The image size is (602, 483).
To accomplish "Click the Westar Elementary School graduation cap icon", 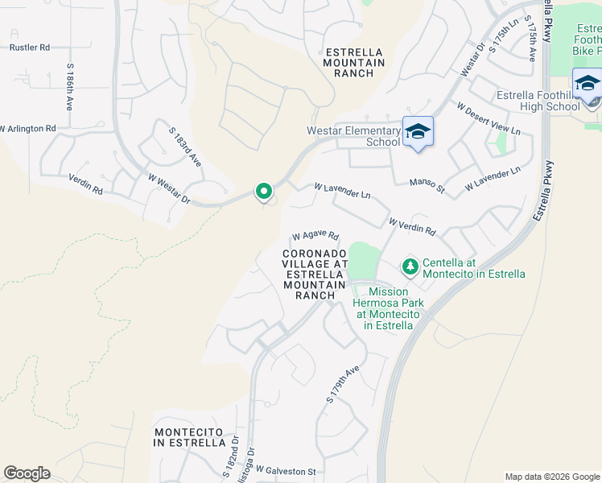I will click(x=418, y=131).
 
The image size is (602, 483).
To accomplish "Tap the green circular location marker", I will click(x=263, y=192).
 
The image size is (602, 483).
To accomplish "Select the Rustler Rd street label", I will click(x=30, y=47).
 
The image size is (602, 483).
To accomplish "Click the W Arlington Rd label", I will click(x=28, y=129).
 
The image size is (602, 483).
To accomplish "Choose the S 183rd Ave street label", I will click(x=184, y=147).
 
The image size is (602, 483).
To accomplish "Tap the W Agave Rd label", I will click(x=315, y=236).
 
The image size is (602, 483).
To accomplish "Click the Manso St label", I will click(x=427, y=186).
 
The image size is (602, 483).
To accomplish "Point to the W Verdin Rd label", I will click(x=411, y=226).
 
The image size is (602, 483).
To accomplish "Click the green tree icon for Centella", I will click(x=410, y=266).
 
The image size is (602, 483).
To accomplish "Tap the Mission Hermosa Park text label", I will click(x=390, y=308).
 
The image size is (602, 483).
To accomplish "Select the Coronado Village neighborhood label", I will click(x=315, y=274).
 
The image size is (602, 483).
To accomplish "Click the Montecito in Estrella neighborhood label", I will click(x=190, y=437).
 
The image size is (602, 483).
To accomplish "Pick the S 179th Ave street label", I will click(x=342, y=384).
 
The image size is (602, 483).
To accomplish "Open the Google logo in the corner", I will click(x=27, y=473).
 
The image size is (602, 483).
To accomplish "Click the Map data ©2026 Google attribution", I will click(x=551, y=477).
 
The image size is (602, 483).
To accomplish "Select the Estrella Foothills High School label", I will click(x=538, y=101).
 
